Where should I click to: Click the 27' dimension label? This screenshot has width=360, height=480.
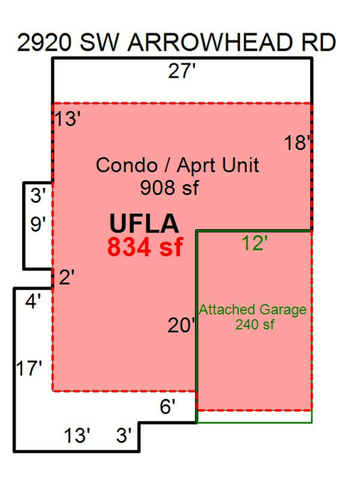(181, 71)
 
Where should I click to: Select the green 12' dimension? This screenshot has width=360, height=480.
(255, 243)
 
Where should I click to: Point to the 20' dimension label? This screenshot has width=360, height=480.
(181, 325)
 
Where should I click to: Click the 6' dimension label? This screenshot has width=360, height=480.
(168, 407)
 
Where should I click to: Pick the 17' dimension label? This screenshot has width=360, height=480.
(28, 368)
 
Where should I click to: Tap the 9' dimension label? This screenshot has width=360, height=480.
(38, 224)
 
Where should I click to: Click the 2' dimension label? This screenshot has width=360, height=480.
(67, 277)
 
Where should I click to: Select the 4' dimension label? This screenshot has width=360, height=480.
(33, 302)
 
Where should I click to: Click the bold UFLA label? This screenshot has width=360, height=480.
(144, 223)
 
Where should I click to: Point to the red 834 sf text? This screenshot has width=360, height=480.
(145, 247)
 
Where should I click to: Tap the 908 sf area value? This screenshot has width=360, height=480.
(169, 187)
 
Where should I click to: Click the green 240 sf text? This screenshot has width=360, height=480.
(255, 324)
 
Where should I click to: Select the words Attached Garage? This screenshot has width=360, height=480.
(253, 310)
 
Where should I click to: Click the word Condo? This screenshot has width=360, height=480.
(127, 165)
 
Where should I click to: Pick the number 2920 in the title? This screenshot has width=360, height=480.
(44, 42)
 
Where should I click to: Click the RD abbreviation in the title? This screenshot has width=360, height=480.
(319, 42)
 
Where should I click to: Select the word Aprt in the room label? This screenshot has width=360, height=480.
(196, 166)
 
